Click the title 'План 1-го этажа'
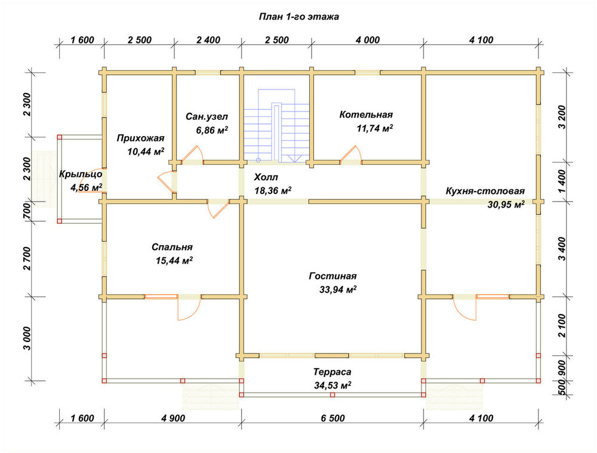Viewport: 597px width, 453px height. coord(299,17)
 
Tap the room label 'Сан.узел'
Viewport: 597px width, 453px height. coord(207,116)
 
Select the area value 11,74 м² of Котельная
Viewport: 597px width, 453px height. coord(375,128)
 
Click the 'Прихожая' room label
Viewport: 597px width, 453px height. coord(140,138)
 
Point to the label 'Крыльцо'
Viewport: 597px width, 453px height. coord(81,174)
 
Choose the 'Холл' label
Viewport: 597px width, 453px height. coord(266,177)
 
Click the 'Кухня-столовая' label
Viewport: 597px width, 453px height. coord(485,191)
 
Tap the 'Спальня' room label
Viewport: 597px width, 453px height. coord(172,247)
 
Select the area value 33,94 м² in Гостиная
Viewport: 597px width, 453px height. coord(338,289)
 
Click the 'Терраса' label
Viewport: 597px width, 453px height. coord(333,372)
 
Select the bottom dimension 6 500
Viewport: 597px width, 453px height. coord(333,418)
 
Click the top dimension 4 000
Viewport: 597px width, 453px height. coord(367,40)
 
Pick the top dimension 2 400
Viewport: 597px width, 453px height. coord(208,40)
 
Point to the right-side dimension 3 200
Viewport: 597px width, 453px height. coord(562,117)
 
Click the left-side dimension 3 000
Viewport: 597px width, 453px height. coord(26,339)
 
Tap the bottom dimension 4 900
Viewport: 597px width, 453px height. coord(173,418)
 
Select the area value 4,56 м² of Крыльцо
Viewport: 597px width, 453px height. coord(86,187)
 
